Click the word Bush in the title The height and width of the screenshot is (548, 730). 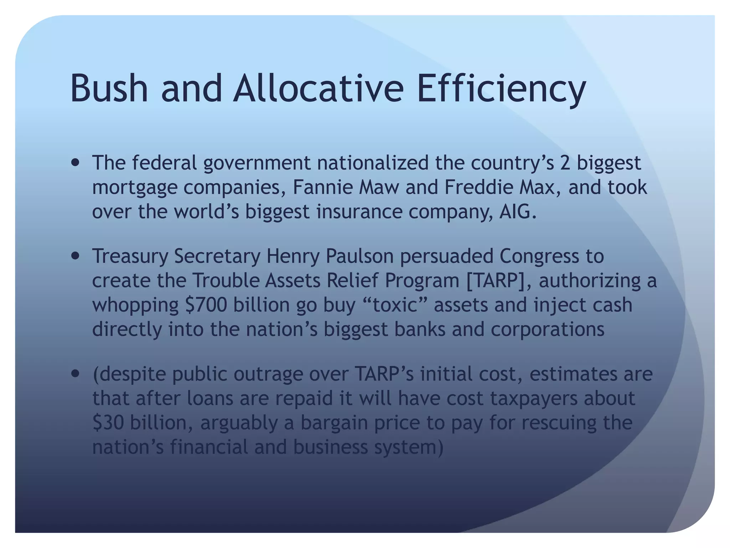tap(109, 88)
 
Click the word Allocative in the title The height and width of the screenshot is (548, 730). tap(318, 88)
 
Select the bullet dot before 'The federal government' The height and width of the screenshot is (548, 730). tap(75, 163)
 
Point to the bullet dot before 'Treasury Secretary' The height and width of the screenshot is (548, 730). tap(75, 256)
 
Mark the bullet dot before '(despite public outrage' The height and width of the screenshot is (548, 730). tap(75, 374)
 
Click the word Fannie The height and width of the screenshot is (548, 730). tap(322, 187)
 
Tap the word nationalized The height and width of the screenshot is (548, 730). tap(373, 163)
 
